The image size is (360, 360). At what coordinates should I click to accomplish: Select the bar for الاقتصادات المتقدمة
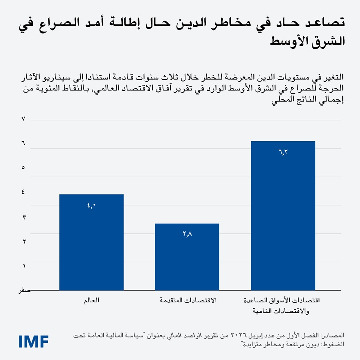(187, 257)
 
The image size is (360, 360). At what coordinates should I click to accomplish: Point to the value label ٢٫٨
(187, 234)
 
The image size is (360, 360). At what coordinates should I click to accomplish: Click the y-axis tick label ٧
(23, 119)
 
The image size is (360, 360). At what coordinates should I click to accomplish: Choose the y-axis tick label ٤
(23, 192)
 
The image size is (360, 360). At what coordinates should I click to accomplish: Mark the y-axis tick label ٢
(23, 241)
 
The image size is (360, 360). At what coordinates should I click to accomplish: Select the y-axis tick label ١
(23, 266)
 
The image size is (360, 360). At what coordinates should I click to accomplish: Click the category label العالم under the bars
(91, 301)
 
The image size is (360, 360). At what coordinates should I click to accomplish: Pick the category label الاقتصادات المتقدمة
(187, 301)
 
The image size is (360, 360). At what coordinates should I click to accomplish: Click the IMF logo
(34, 341)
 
